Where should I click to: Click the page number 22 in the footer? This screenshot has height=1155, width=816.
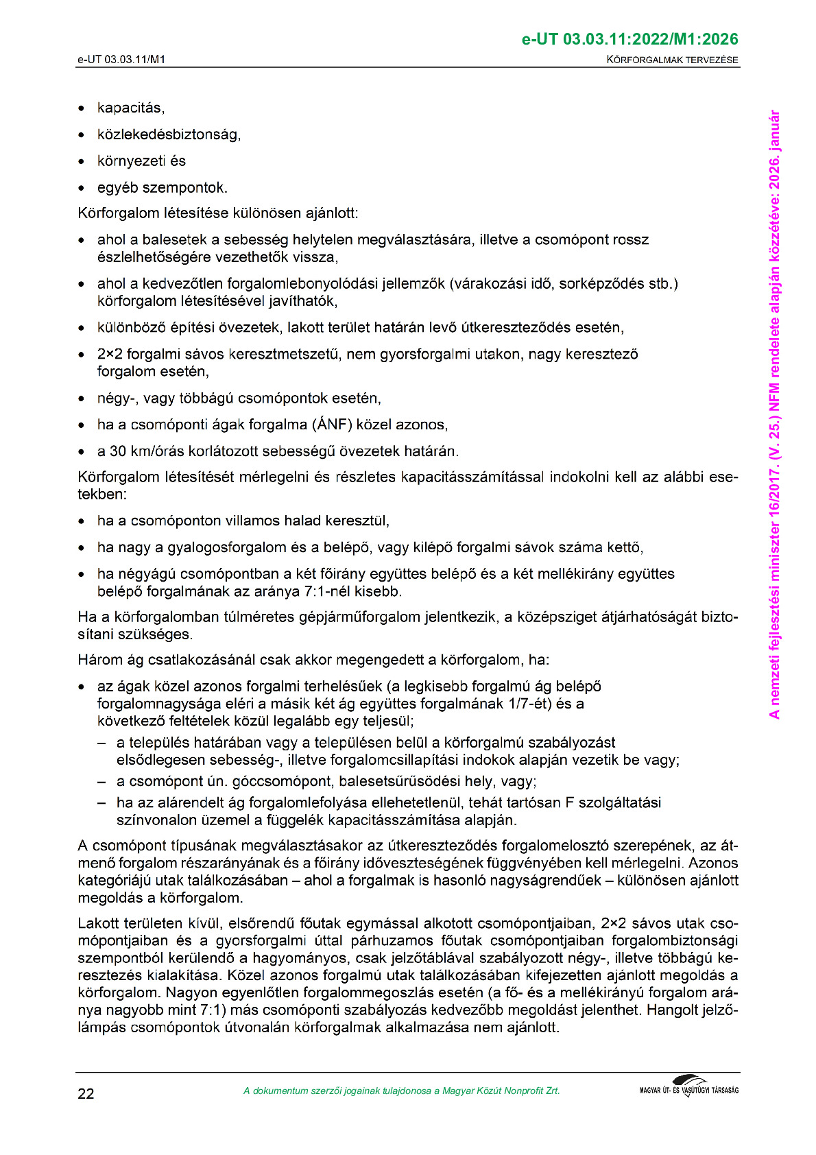tap(86, 1093)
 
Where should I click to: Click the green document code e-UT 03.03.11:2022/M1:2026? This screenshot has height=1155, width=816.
tap(630, 39)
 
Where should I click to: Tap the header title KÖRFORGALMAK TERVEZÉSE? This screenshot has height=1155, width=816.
tap(672, 60)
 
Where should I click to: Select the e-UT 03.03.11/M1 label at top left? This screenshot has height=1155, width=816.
tap(121, 60)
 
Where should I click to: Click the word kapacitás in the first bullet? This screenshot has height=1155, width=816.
tap(130, 108)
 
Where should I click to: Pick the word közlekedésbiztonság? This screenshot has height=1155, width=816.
tap(169, 134)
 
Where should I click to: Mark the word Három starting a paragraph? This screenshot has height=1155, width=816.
tap(100, 660)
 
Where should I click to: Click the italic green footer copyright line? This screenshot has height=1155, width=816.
tap(401, 1091)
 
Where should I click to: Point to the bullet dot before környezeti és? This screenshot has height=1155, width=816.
tap(82, 162)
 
